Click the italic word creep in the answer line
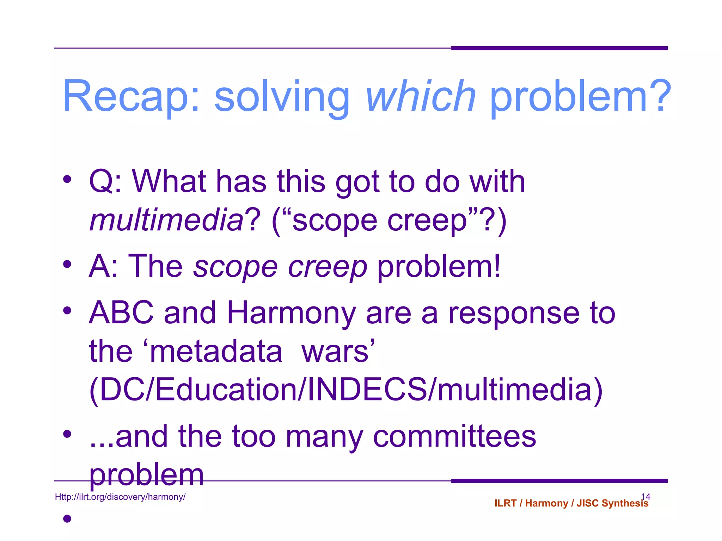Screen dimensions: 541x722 [x=328, y=267]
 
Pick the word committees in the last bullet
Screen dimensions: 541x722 [x=454, y=436]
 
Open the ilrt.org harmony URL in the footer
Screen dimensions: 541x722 [x=120, y=497]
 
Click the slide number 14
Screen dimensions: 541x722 [x=645, y=496]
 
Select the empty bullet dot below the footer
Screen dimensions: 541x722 [x=67, y=518]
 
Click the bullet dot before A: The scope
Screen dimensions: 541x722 [x=67, y=264]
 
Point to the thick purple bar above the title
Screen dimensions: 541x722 [x=559, y=48]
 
